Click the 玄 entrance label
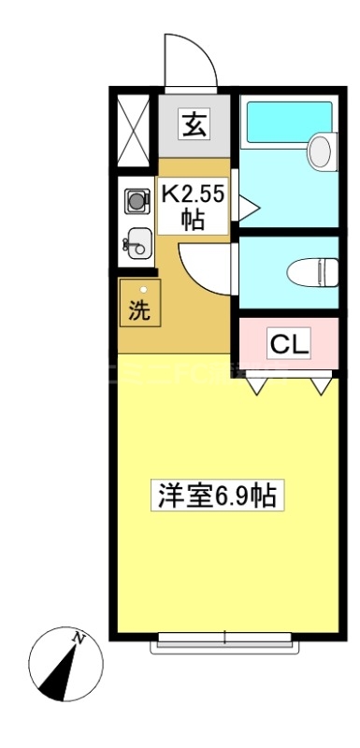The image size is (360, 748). [194, 124]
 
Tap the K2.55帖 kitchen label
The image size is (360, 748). [194, 207]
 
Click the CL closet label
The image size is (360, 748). [288, 344]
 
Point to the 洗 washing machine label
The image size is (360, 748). [138, 311]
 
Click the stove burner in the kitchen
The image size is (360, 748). [137, 199]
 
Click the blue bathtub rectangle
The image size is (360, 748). [288, 122]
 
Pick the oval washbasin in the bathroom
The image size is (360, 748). [321, 151]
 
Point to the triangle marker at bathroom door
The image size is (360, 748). [246, 207]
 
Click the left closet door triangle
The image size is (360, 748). [255, 383]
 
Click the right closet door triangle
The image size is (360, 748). [321, 383]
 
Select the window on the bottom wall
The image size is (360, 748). [226, 640]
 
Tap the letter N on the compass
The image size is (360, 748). [80, 640]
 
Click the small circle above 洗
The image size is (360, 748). [143, 291]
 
